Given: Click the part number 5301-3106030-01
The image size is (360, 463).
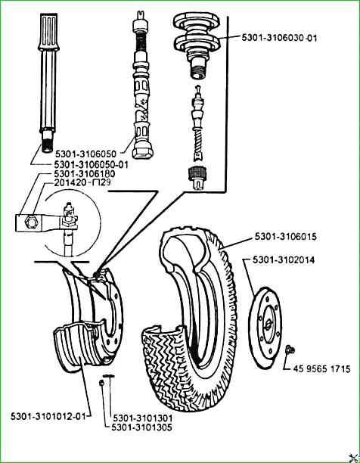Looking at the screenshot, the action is coord(279,38).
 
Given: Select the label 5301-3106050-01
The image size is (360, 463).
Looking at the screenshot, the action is coord(92,164).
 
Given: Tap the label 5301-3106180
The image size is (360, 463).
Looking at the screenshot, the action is coord(85,174).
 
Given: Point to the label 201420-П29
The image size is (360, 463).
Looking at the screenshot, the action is coord(82,182).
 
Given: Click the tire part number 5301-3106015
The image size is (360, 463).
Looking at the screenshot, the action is coord(286,237).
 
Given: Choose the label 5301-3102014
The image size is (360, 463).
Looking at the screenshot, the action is coord(284,260).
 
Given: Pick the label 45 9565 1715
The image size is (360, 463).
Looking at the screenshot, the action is coord(321,368).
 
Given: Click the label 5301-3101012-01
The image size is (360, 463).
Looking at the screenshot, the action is coord(48,416).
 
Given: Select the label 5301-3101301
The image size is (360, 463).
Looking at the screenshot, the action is coord(142,418).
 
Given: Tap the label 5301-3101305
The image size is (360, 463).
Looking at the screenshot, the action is coord(141,427).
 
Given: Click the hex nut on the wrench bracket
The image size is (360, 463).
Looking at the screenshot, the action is coord(30,221).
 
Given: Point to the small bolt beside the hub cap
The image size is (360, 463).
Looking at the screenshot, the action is coord(290,350).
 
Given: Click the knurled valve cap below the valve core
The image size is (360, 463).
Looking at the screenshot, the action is coord(197,179).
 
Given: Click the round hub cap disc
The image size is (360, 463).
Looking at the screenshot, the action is coord(265,328).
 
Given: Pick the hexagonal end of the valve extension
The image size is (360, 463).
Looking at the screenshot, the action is coord(143,151).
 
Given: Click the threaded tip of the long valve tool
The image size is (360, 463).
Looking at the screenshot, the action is coord(47,141).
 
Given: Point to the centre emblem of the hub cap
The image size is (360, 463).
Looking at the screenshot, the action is coord(268,325).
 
